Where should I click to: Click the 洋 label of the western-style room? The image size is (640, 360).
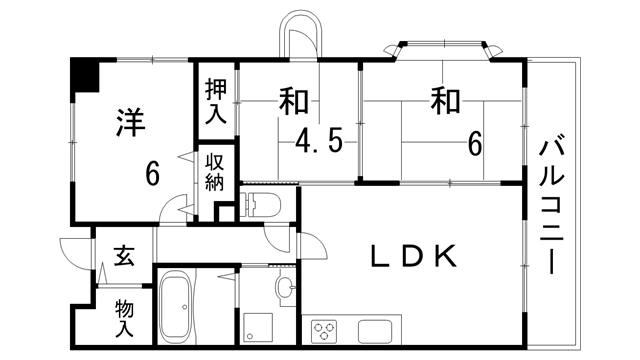(x=130, y=124)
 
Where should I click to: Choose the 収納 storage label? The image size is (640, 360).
(x=215, y=172)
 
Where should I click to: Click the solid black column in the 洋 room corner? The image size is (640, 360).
(x=84, y=74)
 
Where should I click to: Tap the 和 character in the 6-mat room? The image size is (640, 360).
(x=445, y=101)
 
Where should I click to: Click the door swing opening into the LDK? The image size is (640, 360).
(x=310, y=245)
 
